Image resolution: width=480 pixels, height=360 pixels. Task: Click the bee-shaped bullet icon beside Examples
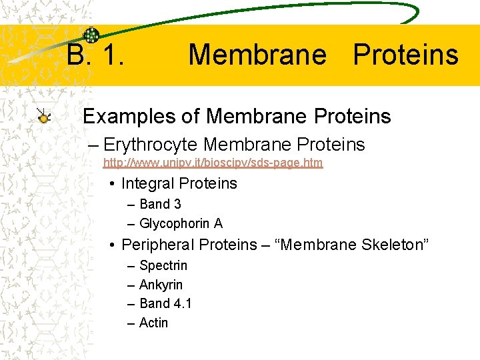[44, 117]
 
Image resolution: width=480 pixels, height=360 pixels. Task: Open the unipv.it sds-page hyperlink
[213, 163]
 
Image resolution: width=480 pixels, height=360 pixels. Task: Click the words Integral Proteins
[179, 183]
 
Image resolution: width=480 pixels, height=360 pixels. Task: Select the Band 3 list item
[160, 204]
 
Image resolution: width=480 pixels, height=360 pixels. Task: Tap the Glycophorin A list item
[181, 223]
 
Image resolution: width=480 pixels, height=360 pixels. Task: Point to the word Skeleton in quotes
[389, 245]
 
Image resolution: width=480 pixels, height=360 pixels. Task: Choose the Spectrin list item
[163, 265]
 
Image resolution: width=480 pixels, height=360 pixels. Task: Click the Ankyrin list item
[161, 285]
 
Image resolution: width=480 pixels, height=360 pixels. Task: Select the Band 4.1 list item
[165, 303]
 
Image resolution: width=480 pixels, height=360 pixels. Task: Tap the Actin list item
[153, 323]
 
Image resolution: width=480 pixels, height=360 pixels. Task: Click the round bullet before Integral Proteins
[115, 184]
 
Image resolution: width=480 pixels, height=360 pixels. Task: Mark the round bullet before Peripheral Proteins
[115, 245]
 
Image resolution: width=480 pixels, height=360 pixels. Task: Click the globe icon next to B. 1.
[91, 36]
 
